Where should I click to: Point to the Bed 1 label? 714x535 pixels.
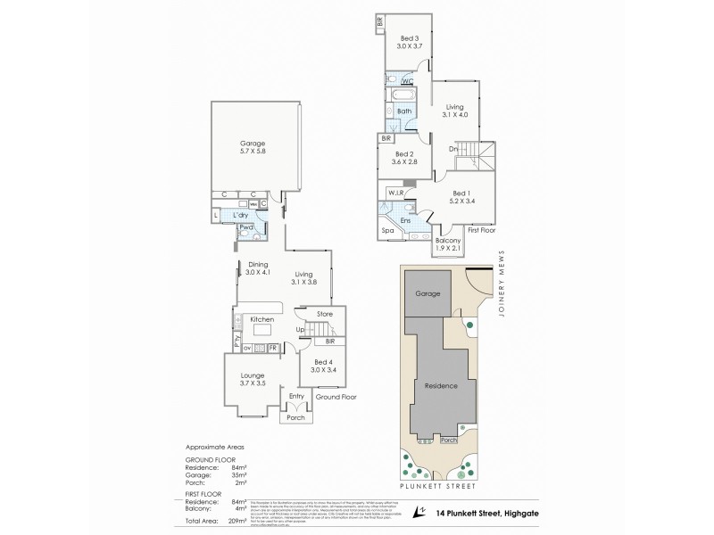(461, 193)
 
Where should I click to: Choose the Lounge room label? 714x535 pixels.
(253, 375)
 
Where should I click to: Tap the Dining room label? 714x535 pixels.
(258, 263)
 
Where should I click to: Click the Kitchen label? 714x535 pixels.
(261, 318)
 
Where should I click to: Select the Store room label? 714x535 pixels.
(324, 313)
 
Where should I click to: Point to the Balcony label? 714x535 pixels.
(447, 242)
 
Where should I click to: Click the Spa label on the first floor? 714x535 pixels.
(388, 230)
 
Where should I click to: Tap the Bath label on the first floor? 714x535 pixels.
(404, 111)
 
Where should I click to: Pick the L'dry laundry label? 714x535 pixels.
(239, 216)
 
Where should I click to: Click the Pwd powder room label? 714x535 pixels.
(244, 228)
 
